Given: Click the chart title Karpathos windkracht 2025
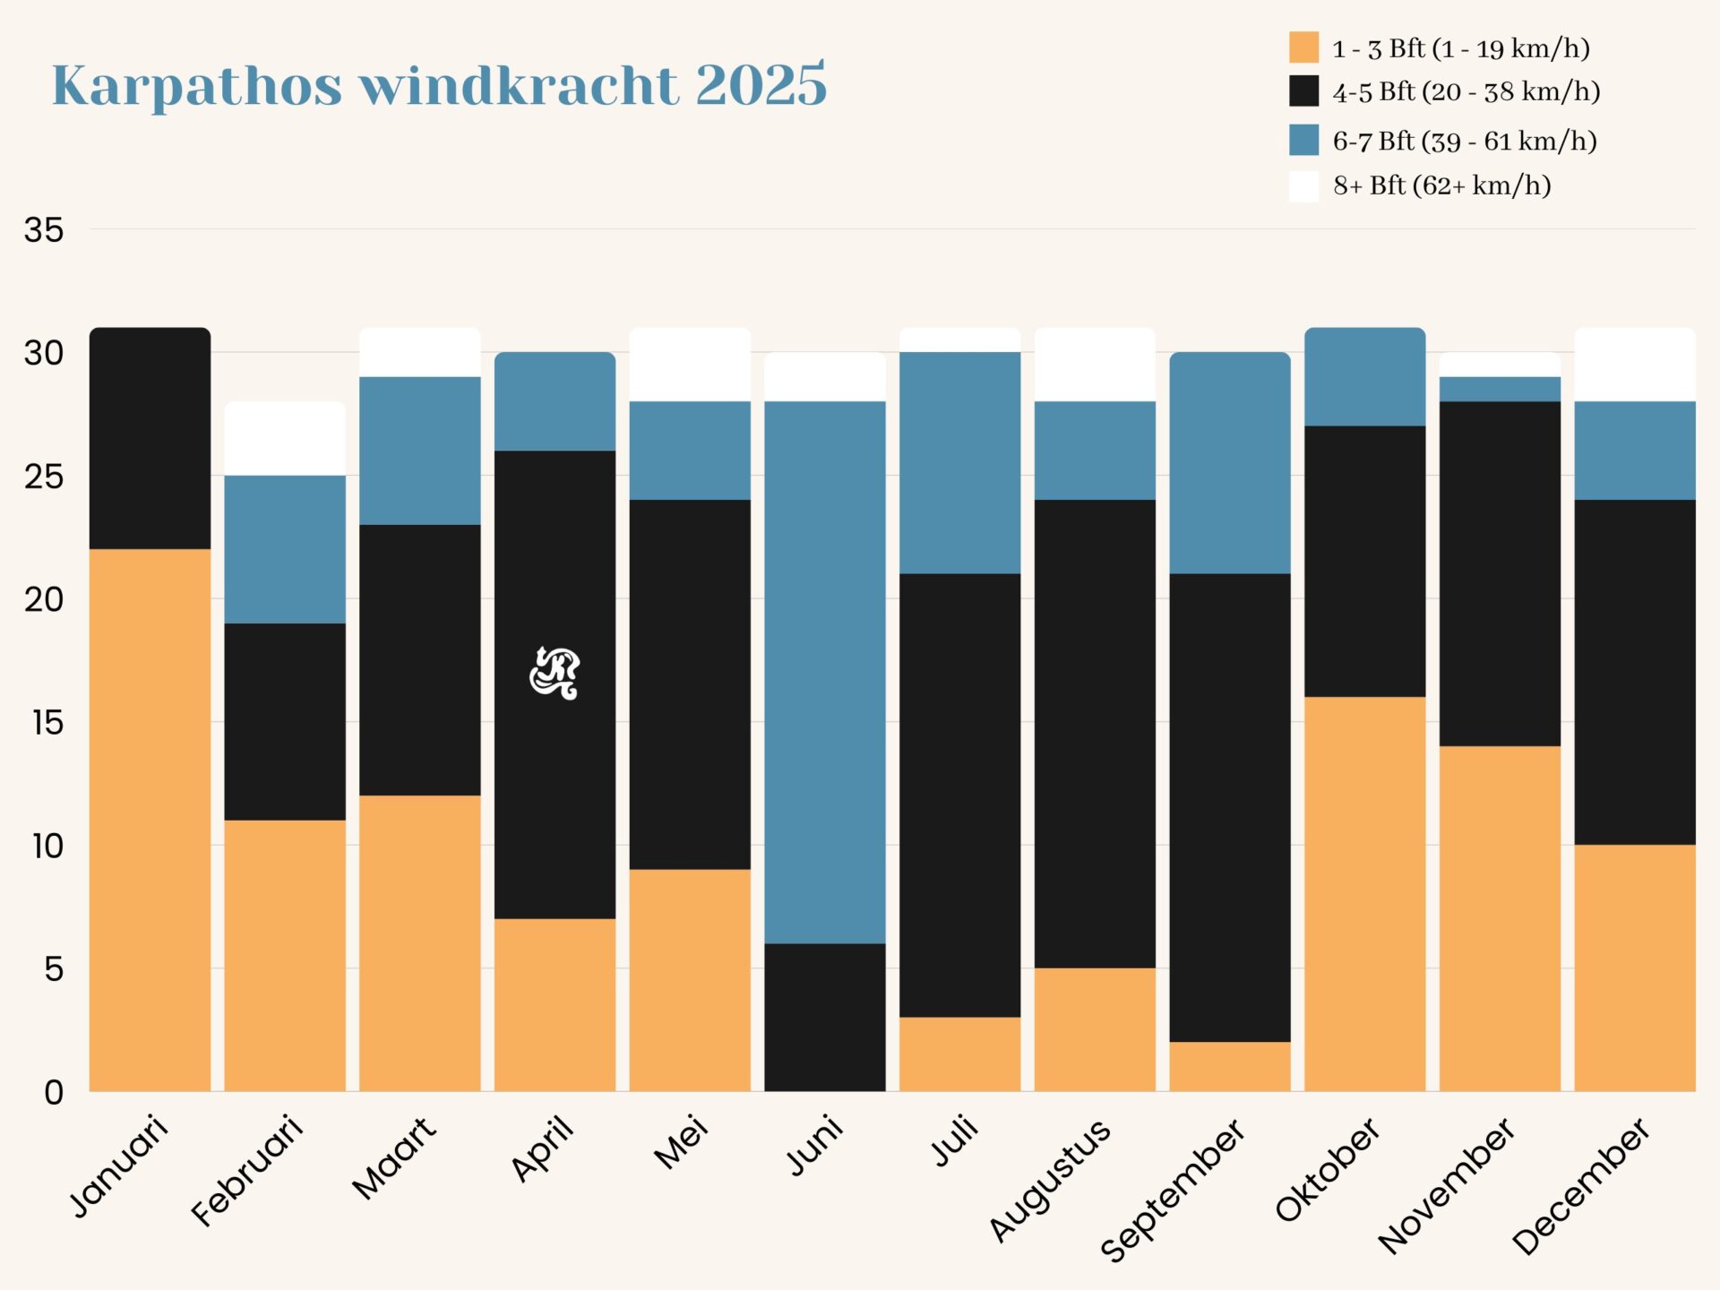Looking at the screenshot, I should click(x=439, y=86).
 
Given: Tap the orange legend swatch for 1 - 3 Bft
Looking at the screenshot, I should click(x=1303, y=47).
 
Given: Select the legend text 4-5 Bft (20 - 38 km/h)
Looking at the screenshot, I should click(x=1466, y=91).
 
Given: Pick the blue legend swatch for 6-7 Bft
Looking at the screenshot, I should click(x=1303, y=140).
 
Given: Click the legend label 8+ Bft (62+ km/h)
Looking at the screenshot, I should click(x=1441, y=185).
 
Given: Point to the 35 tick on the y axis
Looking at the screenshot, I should click(x=44, y=230).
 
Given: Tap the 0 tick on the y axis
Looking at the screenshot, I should click(x=54, y=1092).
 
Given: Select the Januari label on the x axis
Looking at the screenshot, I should click(x=119, y=1166).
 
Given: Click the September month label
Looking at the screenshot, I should click(x=1173, y=1190).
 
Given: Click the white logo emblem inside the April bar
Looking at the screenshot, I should click(x=555, y=673).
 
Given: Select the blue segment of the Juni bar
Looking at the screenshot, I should click(x=824, y=672).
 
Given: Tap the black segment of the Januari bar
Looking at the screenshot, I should click(x=150, y=439).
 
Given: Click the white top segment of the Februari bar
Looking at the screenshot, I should click(x=284, y=439).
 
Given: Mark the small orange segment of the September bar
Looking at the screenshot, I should click(x=1229, y=1066).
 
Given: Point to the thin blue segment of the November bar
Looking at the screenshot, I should click(x=1500, y=389).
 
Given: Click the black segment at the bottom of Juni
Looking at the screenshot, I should click(x=824, y=1017).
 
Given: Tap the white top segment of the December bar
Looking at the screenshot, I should click(x=1635, y=365).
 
